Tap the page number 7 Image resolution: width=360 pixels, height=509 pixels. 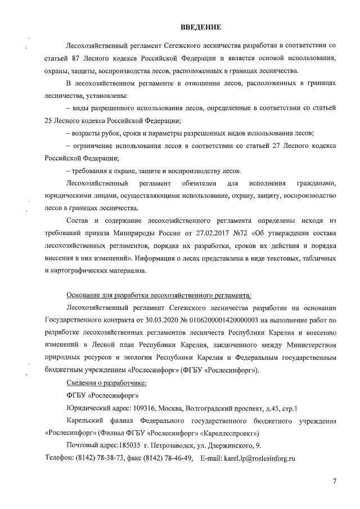pyautogui.click(x=334, y=482)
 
